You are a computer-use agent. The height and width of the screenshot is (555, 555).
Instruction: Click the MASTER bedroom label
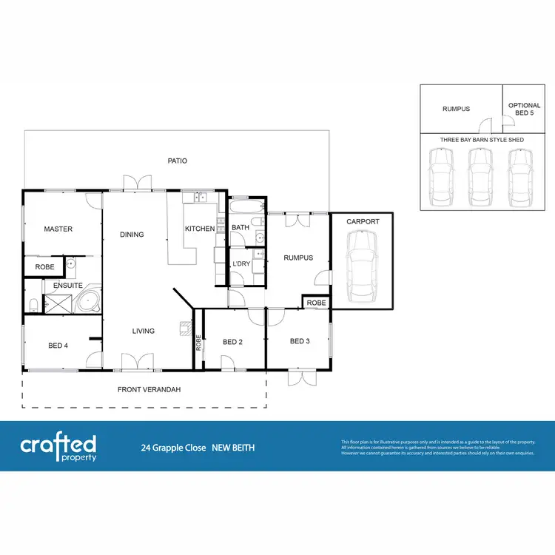58,229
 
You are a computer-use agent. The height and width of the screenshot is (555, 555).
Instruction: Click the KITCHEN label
200,229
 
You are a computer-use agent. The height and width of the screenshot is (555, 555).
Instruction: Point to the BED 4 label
58,346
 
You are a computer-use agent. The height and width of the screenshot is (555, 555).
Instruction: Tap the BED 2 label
233,342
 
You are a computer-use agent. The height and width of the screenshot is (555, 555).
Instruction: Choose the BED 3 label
300,341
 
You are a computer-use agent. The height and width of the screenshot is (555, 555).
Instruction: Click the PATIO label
177,160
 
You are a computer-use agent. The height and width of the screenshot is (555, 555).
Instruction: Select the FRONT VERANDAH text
149,389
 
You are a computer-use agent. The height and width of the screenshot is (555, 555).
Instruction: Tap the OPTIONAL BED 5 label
524,110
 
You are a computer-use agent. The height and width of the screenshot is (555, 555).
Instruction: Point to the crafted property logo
58,447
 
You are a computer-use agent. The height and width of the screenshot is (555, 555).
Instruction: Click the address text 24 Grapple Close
173,448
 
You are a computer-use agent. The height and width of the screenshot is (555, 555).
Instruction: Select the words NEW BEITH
233,448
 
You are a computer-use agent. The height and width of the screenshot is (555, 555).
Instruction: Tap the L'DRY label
240,264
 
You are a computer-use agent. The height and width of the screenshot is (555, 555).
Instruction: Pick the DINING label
132,235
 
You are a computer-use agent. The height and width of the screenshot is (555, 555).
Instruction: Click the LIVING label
144,331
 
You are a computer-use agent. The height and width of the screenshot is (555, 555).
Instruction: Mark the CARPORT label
362,221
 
